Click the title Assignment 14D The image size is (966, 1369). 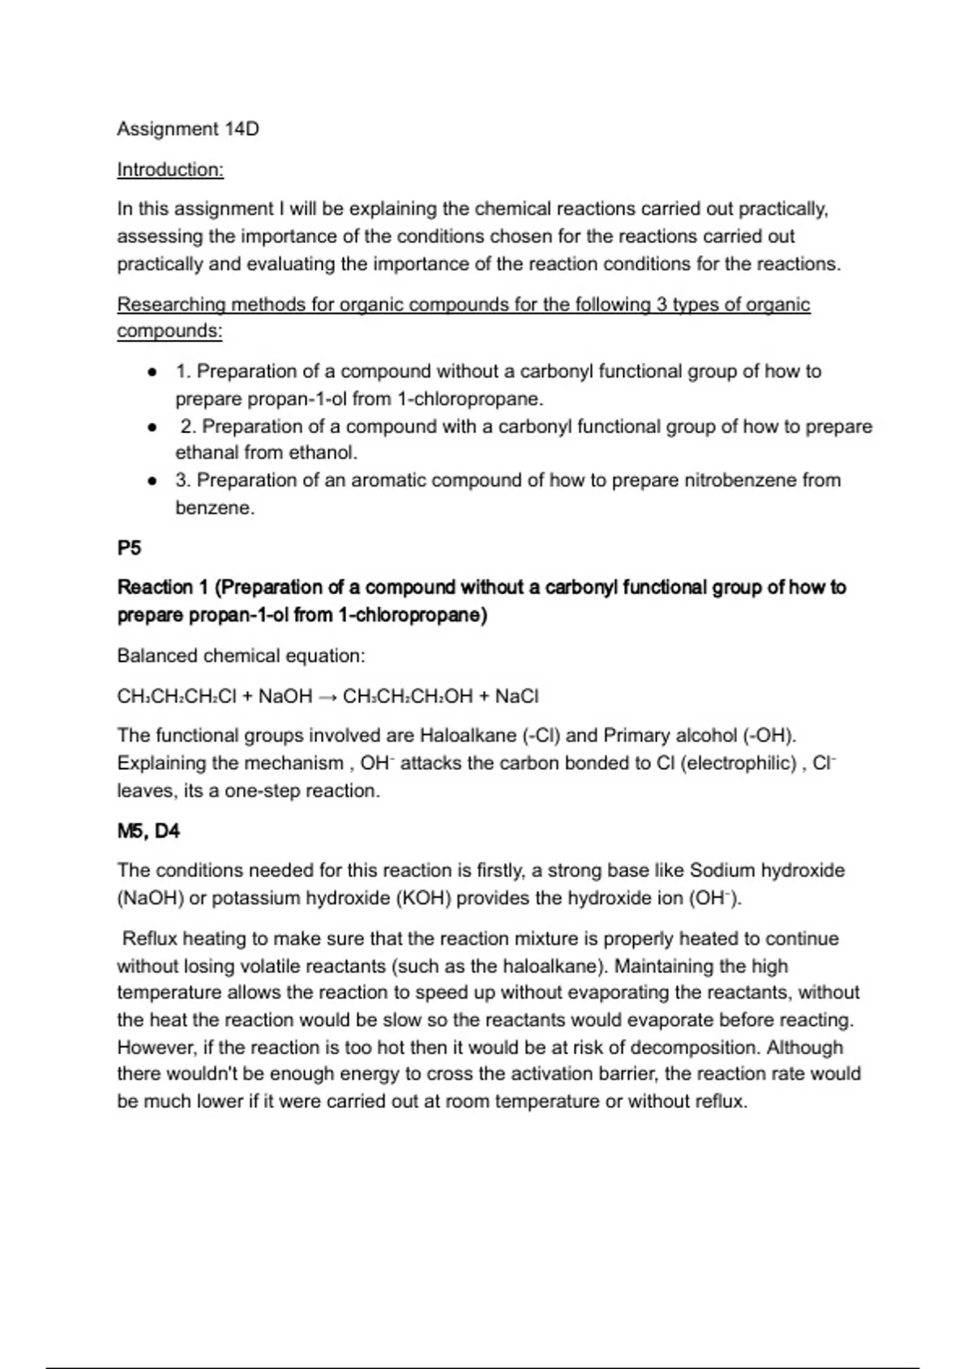click(x=188, y=129)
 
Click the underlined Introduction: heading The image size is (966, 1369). click(x=170, y=170)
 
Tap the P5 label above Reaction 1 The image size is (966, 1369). click(x=129, y=548)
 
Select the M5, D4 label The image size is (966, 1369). click(x=148, y=831)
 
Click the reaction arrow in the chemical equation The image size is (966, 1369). click(x=327, y=697)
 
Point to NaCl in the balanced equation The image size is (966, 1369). click(x=517, y=697)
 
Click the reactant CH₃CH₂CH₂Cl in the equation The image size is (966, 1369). click(x=176, y=697)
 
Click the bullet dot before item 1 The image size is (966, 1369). click(x=151, y=372)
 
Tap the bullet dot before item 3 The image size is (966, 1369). click(x=151, y=481)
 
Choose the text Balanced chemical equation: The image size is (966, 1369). click(x=241, y=656)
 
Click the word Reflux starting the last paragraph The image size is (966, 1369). click(x=150, y=939)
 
